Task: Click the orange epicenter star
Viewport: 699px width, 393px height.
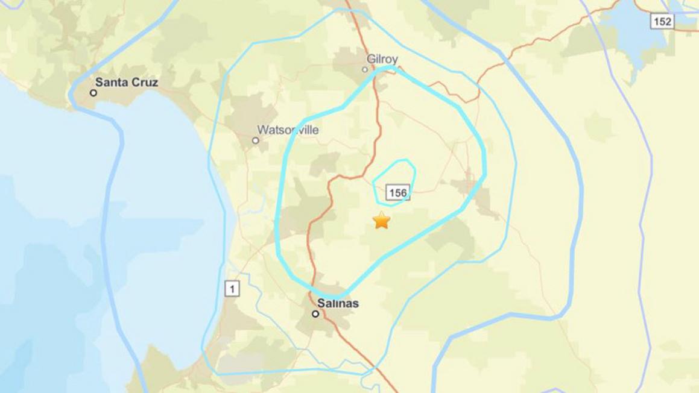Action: (x=382, y=221)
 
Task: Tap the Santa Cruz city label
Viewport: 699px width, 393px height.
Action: (x=127, y=83)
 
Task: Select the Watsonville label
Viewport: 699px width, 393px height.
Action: (x=288, y=130)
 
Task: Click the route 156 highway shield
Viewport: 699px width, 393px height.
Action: (x=398, y=193)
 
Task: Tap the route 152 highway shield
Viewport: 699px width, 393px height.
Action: (x=662, y=22)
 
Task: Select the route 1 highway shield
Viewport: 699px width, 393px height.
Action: (x=232, y=289)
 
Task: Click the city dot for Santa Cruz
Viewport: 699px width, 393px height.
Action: (x=93, y=93)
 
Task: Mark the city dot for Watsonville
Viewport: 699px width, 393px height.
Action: (x=256, y=140)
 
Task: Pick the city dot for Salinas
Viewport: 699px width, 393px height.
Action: (x=315, y=313)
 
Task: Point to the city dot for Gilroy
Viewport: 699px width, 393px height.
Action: (x=365, y=69)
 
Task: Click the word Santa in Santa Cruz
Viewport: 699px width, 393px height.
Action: (x=110, y=83)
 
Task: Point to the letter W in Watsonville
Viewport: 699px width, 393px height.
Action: (x=262, y=130)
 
